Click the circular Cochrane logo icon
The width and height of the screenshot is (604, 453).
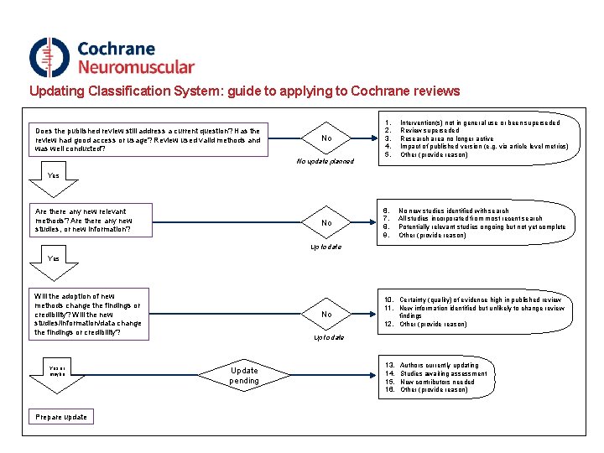[49, 57]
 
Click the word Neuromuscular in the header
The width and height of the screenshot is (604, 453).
[135, 67]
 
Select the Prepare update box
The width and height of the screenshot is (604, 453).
[60, 417]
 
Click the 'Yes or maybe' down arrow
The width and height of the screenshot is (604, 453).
[57, 369]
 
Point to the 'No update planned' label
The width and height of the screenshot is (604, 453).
[326, 161]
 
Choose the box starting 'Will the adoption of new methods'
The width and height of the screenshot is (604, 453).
[88, 315]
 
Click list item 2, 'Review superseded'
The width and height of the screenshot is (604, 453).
[430, 131]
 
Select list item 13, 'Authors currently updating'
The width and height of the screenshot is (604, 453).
[439, 366]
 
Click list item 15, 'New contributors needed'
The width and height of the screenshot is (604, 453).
[437, 382]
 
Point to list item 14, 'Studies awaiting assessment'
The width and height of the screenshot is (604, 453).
[443, 373]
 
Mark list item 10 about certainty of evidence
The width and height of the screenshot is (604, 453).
[480, 299]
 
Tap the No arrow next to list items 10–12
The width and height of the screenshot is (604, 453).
[327, 315]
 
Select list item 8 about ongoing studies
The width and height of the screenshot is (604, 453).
[482, 226]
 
